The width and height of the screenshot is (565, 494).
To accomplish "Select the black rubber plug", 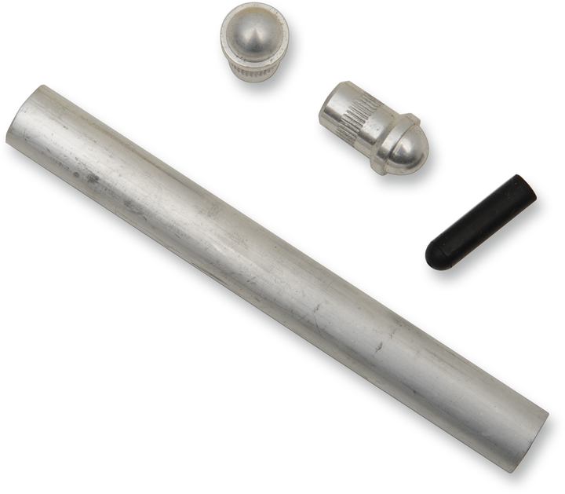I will (x=480, y=221).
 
